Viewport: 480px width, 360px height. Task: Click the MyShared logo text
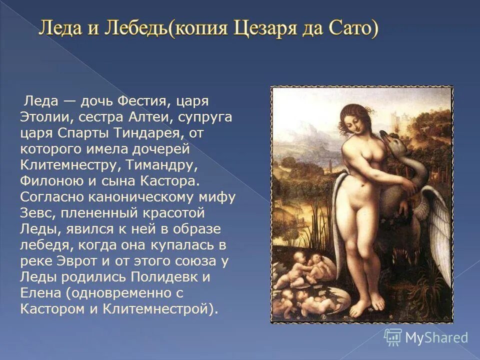(436, 337)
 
